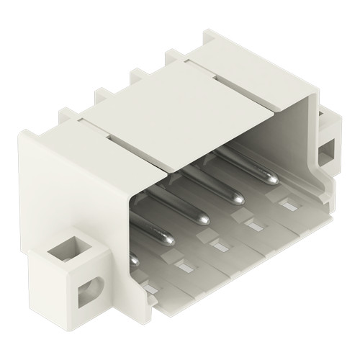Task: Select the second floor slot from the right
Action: tap(254, 228)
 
